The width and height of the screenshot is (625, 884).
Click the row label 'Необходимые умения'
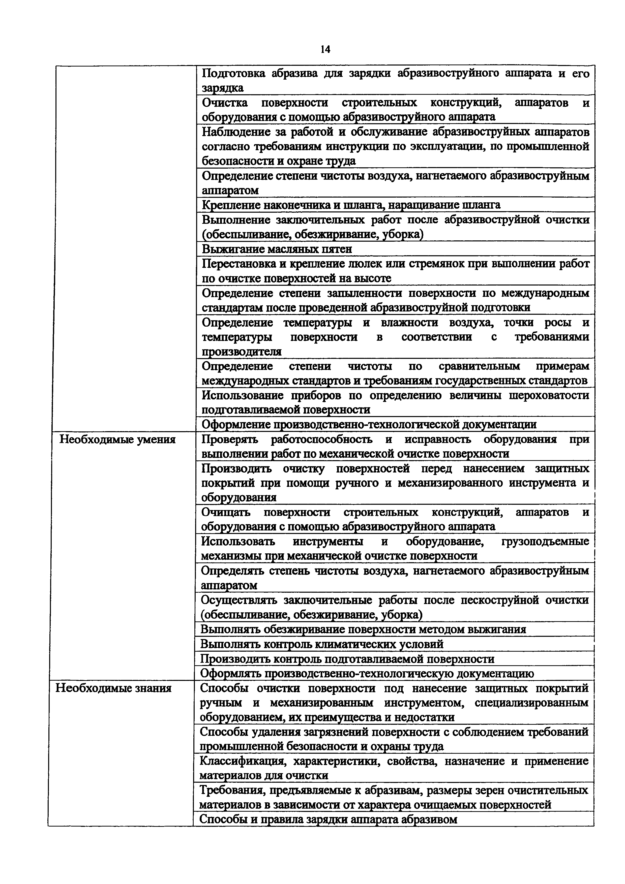(117, 440)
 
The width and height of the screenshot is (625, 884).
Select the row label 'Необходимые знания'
(114, 688)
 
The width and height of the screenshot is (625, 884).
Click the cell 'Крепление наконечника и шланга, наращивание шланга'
(351, 205)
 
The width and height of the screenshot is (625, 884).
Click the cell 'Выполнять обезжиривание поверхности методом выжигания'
(363, 629)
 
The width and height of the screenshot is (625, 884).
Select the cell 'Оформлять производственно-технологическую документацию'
(367, 673)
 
